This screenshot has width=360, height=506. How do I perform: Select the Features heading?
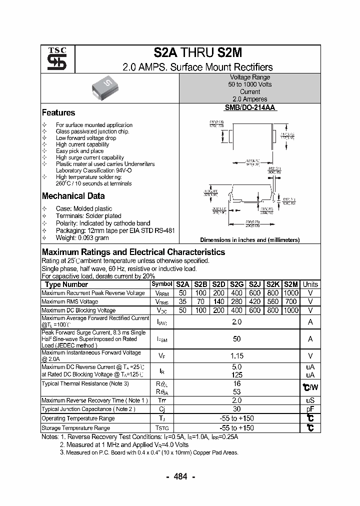pos(58,113)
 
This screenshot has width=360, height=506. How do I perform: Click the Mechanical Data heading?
pos(73,196)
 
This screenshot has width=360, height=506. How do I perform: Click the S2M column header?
pos(290,284)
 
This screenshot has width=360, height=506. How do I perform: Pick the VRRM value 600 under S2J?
pos(254,293)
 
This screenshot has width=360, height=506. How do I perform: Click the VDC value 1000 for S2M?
pos(290,310)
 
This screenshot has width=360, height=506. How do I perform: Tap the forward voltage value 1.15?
pos(237,356)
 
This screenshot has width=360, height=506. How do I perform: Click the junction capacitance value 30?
pos(237,409)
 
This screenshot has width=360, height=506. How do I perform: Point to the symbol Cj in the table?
pos(162,409)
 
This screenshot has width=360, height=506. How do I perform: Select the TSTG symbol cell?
pos(162,428)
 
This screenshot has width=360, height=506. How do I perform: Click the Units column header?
pos(310,284)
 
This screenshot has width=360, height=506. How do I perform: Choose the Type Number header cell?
pos(66,284)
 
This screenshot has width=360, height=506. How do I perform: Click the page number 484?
pos(179,476)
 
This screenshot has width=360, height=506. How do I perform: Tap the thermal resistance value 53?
pos(237,391)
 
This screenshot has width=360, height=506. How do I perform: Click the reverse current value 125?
pos(237,374)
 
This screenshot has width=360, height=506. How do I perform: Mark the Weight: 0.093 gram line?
pos(82,238)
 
